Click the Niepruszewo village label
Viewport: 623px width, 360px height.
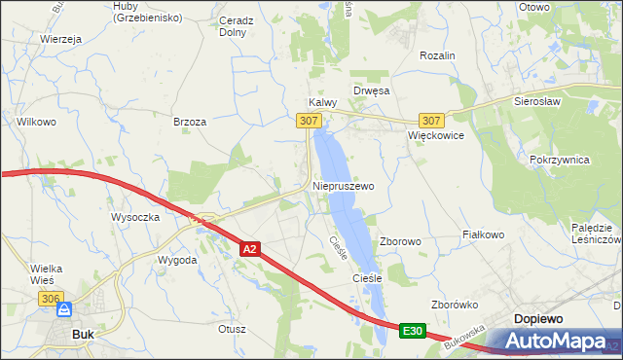[344, 185]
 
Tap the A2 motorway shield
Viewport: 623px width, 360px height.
[250, 250]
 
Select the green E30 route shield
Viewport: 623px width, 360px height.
[412, 332]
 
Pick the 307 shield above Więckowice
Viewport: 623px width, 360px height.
[433, 121]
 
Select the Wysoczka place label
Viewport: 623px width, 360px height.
[135, 217]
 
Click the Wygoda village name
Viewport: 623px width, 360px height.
[178, 261]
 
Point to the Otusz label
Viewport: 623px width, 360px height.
[233, 329]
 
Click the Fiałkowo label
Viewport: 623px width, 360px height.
[483, 234]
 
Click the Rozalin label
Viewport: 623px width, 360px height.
[437, 56]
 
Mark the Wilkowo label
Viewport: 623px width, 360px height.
[35, 122]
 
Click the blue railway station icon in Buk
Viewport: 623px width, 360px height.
[65, 310]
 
